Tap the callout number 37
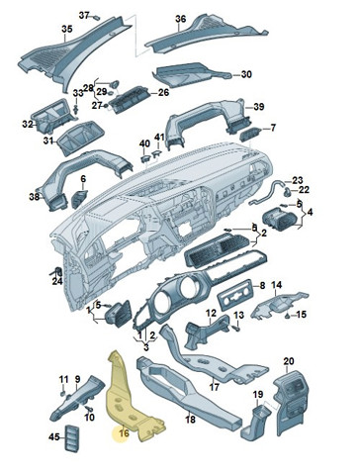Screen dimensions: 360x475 [x=84, y=15]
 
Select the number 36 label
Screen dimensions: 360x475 [x=181, y=19]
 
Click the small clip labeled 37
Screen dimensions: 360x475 [x=97, y=17]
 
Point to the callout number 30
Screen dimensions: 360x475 [x=246, y=74]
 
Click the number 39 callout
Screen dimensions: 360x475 [x=259, y=107]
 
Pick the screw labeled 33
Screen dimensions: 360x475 [x=77, y=110]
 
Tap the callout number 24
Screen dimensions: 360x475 [x=57, y=281]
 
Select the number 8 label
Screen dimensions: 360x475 [x=262, y=285]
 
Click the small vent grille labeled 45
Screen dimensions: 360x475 [x=71, y=438]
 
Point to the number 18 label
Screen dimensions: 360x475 [x=191, y=420]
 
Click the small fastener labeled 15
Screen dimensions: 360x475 [x=288, y=316]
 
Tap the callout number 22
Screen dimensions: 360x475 [x=304, y=190]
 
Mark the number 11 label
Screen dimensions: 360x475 [x=63, y=379]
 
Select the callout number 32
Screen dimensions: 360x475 [x=28, y=125]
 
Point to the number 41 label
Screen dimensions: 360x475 [x=159, y=138]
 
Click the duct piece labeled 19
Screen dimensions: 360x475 [x=257, y=422]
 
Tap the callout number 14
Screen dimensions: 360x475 [x=277, y=284]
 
